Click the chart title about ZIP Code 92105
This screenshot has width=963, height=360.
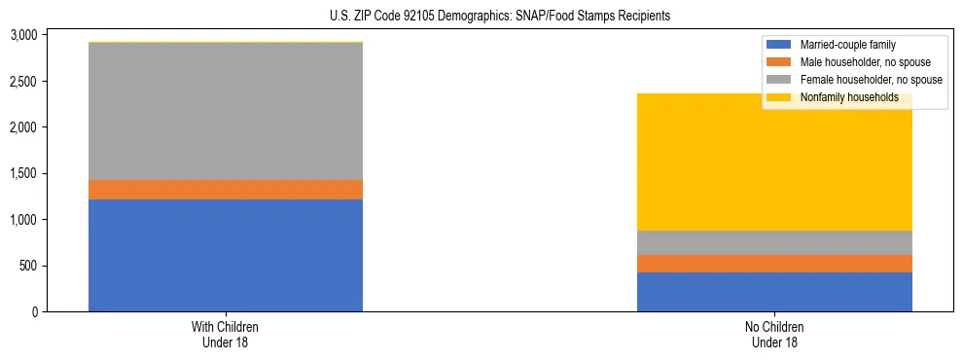coord(481,17)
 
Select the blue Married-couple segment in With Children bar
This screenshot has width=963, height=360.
coord(226,255)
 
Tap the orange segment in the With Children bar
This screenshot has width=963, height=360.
coord(226,190)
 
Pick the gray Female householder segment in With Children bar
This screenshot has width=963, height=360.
coord(226,112)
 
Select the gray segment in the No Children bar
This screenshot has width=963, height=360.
coord(774,242)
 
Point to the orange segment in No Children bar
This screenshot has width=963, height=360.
coord(774,264)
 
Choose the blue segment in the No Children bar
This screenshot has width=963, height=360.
coord(774,292)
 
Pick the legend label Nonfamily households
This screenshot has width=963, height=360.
coord(842,97)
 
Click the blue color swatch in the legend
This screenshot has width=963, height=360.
coord(779,45)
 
